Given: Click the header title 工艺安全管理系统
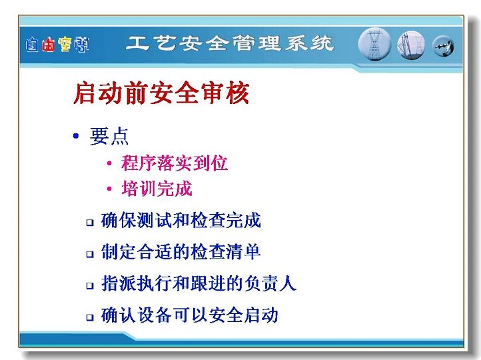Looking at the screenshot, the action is pyautogui.click(x=230, y=43).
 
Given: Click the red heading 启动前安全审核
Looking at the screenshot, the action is pyautogui.click(x=161, y=93).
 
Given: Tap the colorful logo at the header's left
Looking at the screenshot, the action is pyautogui.click(x=57, y=45).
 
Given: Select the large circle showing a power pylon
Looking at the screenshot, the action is pyautogui.click(x=374, y=43).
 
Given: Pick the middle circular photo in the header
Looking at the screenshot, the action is pyautogui.click(x=411, y=45).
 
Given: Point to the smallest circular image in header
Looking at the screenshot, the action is pyautogui.click(x=443, y=46).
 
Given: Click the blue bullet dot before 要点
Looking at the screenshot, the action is pyautogui.click(x=76, y=135).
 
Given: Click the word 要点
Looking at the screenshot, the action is pyautogui.click(x=109, y=136).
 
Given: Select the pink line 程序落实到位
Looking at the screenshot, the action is pyautogui.click(x=175, y=163).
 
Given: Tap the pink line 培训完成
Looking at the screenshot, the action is pyautogui.click(x=157, y=188).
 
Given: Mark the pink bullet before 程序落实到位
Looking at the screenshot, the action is pyautogui.click(x=109, y=163).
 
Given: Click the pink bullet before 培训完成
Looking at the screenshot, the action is pyautogui.click(x=109, y=189).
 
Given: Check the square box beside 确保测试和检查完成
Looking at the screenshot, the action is pyautogui.click(x=90, y=222).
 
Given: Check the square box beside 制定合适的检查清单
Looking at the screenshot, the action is pyautogui.click(x=90, y=254).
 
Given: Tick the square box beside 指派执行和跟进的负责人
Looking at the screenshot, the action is pyautogui.click(x=90, y=286).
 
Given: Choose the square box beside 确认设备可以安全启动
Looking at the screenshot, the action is pyautogui.click(x=90, y=317).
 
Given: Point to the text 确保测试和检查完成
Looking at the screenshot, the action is pyautogui.click(x=181, y=221).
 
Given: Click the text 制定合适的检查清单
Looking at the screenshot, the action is pyautogui.click(x=181, y=252).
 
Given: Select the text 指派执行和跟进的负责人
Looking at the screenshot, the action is pyautogui.click(x=199, y=283).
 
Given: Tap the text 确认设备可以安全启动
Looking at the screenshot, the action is pyautogui.click(x=190, y=315).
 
